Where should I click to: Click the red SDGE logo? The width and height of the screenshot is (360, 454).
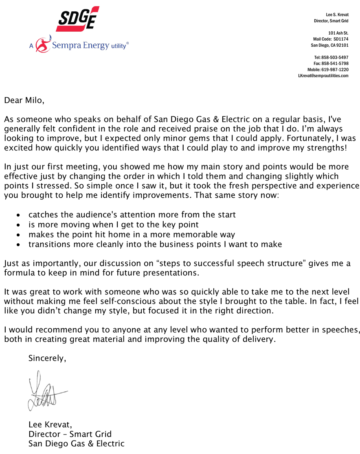pos(77,18)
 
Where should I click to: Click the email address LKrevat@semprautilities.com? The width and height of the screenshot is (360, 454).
pos(323,76)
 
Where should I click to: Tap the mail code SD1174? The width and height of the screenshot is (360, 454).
pos(341,39)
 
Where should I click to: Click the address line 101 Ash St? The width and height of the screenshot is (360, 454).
pos(338,33)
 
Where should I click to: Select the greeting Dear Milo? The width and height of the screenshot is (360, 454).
pos(23,100)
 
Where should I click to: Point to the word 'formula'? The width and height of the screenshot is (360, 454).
pos(18,273)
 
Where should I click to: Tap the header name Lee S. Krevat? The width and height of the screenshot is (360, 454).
pos(337,15)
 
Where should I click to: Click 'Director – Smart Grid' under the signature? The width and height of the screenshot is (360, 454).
pos(70,434)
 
